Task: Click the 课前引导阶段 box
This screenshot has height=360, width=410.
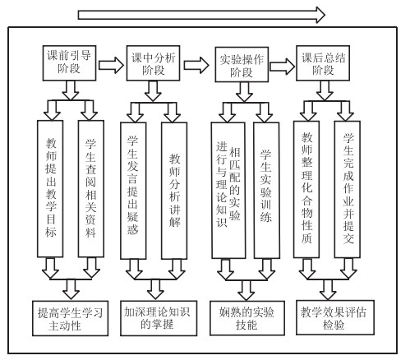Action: tap(69, 63)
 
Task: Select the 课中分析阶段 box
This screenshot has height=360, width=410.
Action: tap(153, 63)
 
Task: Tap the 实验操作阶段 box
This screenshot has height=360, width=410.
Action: tap(242, 65)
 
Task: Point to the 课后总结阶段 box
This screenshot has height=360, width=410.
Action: tap(323, 63)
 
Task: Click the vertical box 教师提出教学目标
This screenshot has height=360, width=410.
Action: tap(50, 189)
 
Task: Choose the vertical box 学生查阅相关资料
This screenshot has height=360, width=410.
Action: tap(91, 189)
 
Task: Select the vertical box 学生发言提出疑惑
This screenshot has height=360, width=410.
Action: tap(133, 191)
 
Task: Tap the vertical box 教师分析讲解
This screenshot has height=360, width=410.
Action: tap(174, 191)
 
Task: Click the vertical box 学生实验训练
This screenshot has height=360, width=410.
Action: tap(266, 190)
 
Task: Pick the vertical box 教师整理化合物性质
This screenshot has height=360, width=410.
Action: tap(306, 189)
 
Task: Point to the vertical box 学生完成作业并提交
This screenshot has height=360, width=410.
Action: tap(348, 189)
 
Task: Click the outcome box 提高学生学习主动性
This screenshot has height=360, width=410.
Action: tap(71, 318)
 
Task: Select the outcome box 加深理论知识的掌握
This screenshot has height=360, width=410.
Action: tap(159, 318)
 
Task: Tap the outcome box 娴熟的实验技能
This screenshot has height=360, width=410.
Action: tap(247, 318)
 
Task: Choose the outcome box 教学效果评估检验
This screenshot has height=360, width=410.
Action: tap(335, 317)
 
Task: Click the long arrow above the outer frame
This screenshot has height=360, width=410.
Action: tap(201, 15)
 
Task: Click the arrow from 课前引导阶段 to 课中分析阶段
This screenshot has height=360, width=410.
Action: tap(111, 65)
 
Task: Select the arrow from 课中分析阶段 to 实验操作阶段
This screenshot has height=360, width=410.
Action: tap(196, 65)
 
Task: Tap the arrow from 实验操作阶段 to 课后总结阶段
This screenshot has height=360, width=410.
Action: tap(282, 67)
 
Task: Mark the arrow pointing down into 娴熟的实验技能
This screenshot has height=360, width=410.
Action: tap(246, 290)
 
